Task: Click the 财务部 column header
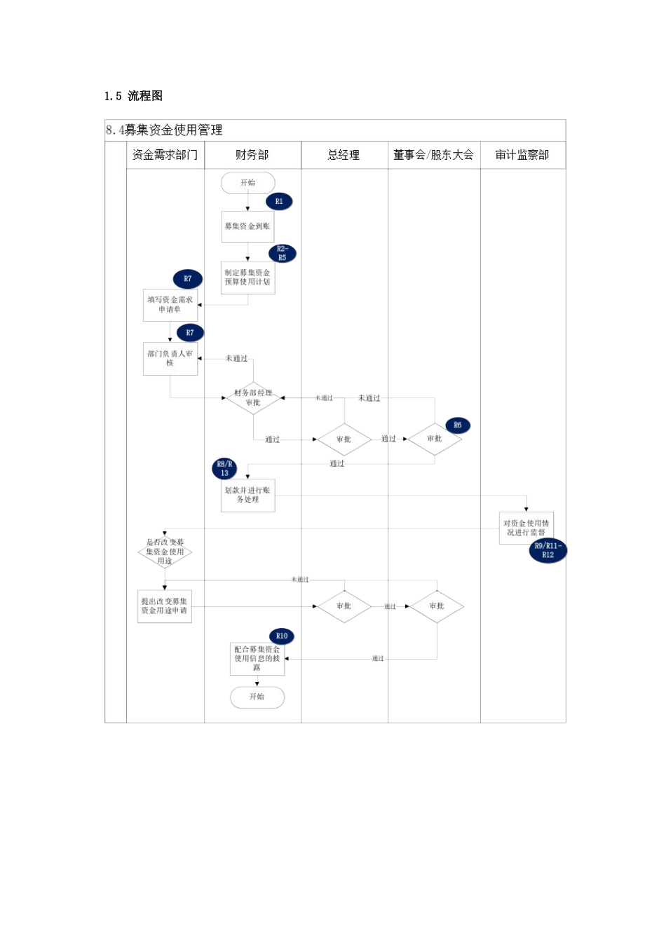click(252, 155)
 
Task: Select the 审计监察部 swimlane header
click(522, 155)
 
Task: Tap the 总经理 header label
click(344, 155)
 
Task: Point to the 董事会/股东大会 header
click(433, 155)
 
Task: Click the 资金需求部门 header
click(165, 155)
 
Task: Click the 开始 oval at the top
click(247, 183)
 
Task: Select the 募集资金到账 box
click(247, 226)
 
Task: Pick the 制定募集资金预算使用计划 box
click(247, 278)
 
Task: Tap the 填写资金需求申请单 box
click(170, 305)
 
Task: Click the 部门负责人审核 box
click(170, 358)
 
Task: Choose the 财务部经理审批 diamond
click(253, 398)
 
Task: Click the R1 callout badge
click(279, 202)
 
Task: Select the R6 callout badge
click(457, 425)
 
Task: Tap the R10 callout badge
click(281, 636)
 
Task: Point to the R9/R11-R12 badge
click(548, 551)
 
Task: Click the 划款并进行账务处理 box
click(247, 495)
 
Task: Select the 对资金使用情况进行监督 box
click(526, 528)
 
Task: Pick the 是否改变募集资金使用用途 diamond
click(165, 552)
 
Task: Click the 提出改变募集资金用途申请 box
click(165, 606)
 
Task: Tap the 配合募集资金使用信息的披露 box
click(257, 659)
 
